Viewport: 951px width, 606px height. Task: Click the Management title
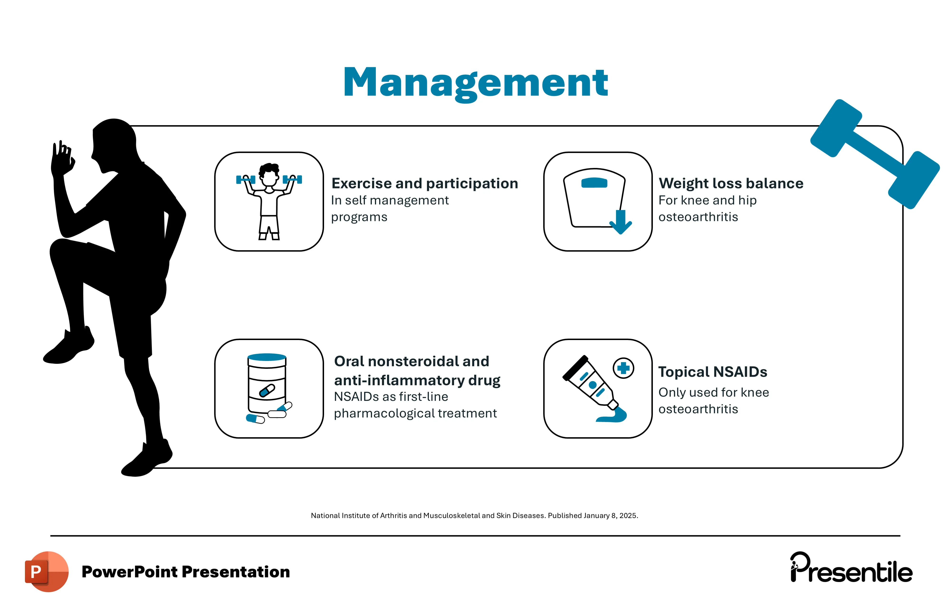pos(476,83)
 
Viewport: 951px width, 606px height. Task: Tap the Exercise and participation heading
pos(425,184)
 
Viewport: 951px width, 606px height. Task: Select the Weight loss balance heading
pos(731,184)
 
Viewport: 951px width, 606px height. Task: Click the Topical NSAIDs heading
pos(712,372)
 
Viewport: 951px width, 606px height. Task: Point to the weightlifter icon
pos(269,201)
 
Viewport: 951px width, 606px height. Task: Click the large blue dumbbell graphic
pos(875,154)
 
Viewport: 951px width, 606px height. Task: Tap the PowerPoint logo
pos(47,571)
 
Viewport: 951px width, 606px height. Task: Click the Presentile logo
pos(851,568)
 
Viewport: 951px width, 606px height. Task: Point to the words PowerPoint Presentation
pos(186,572)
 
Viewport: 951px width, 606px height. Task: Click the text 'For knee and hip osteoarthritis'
pos(707,208)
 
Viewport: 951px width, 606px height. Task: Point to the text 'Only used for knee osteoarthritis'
pos(713,401)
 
